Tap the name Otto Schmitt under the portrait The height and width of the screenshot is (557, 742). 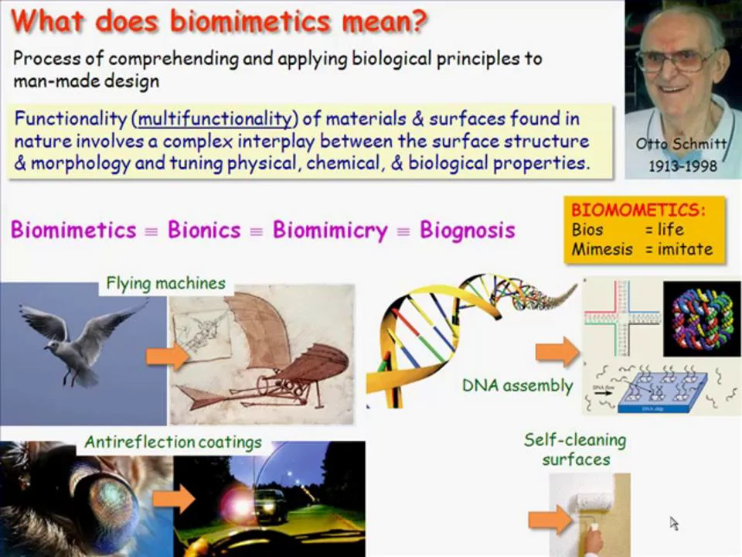pyautogui.click(x=680, y=144)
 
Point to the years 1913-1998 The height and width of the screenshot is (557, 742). pyautogui.click(x=680, y=165)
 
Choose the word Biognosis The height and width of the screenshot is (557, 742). pyautogui.click(x=467, y=231)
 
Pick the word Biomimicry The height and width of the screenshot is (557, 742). pyautogui.click(x=330, y=231)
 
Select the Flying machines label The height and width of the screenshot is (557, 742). pyautogui.click(x=165, y=283)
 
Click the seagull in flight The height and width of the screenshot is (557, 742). pyautogui.click(x=77, y=340)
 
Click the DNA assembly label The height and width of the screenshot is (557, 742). pyautogui.click(x=517, y=384)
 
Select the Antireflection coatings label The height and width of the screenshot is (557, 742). pyautogui.click(x=172, y=443)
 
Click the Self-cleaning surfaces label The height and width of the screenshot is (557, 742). pyautogui.click(x=575, y=449)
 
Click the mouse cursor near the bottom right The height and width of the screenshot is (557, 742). pyautogui.click(x=674, y=523)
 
